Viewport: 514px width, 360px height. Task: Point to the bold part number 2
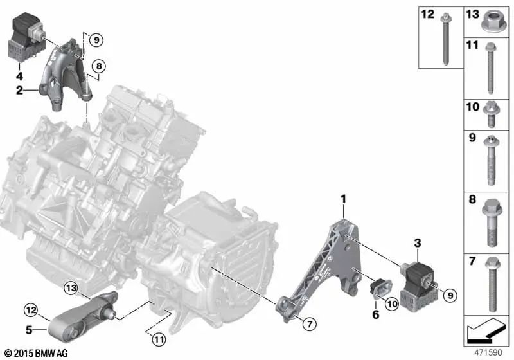coord(19,91)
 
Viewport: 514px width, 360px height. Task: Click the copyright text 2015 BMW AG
coord(35,353)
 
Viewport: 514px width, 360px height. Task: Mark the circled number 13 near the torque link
coord(70,287)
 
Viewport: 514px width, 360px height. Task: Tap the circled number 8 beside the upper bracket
coord(98,66)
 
